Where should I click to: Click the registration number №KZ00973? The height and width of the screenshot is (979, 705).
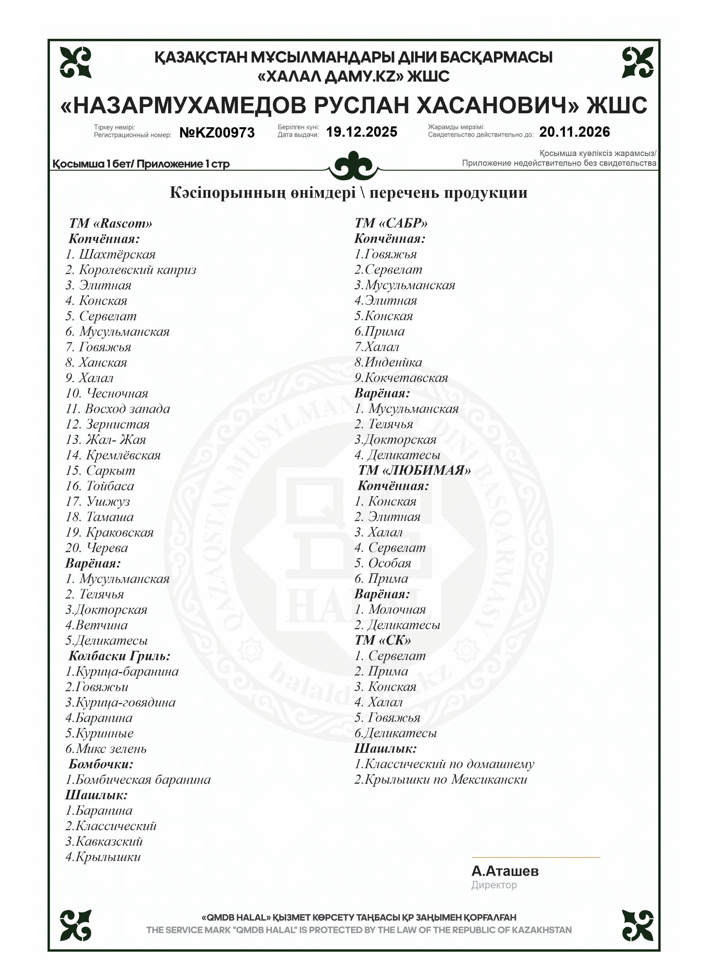[217, 133]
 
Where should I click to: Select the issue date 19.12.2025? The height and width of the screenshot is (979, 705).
[361, 132]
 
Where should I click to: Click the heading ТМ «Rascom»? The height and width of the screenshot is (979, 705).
[111, 223]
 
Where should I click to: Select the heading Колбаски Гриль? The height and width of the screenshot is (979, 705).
[120, 656]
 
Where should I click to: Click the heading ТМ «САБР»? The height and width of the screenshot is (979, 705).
[391, 223]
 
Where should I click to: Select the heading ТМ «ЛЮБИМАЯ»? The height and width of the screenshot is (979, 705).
[414, 470]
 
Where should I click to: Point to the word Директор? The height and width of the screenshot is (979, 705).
[494, 885]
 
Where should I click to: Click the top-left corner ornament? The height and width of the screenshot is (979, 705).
[76, 62]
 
